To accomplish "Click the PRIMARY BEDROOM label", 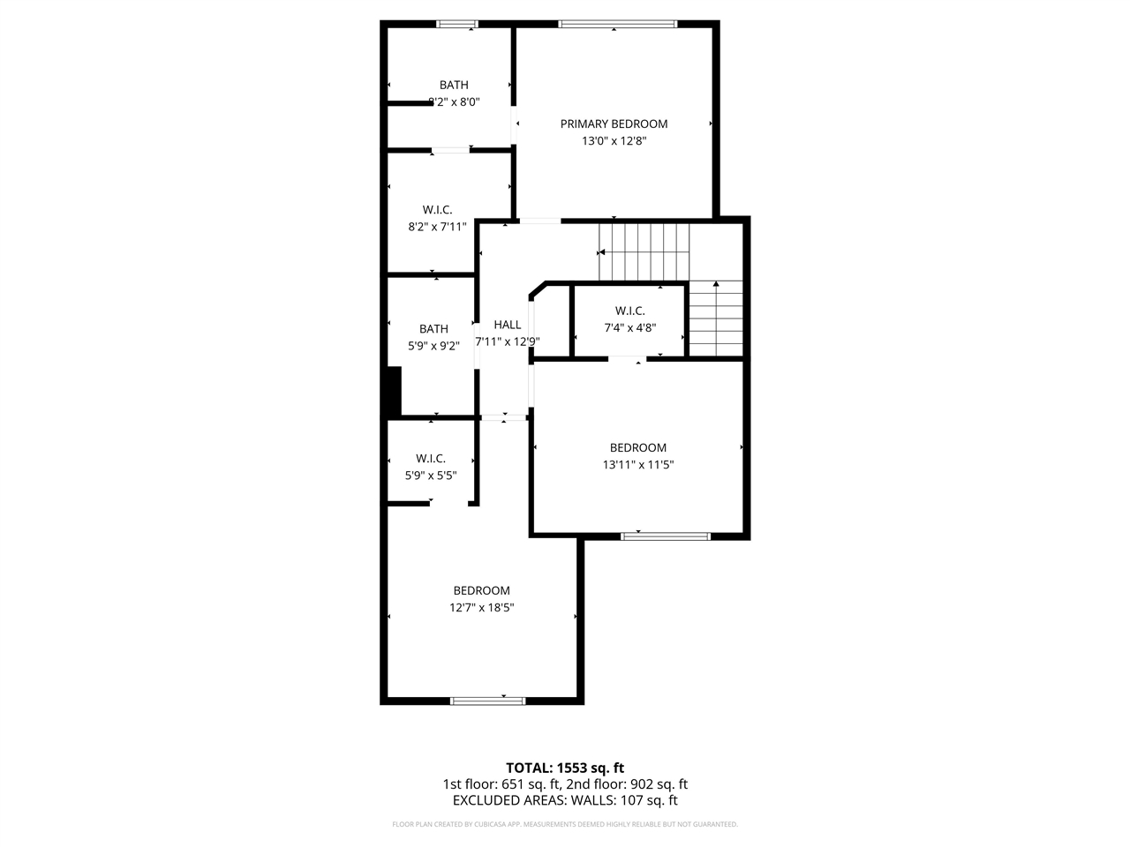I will (614, 124).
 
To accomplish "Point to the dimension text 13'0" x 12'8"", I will (614, 140).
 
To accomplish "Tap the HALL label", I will (508, 325).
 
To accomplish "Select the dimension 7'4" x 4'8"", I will (629, 327).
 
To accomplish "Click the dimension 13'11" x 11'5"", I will (637, 464).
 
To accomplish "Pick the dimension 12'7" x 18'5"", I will (481, 607).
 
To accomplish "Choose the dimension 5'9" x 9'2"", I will (433, 346).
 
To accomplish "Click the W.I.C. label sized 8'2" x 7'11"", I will (437, 209).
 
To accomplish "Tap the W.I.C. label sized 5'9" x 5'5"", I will (431, 458).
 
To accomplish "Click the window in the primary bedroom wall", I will (617, 24).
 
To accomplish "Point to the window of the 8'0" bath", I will (458, 24).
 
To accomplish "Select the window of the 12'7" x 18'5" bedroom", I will (487, 701).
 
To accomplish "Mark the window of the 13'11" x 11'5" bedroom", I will (665, 535).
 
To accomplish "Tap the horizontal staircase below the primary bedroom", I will (644, 251).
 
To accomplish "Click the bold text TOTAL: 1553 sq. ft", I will (565, 768).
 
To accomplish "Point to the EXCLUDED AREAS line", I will (565, 801).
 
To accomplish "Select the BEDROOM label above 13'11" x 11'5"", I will (637, 447).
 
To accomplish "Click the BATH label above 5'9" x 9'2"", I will (433, 329).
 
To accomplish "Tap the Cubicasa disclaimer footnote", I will (565, 824).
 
